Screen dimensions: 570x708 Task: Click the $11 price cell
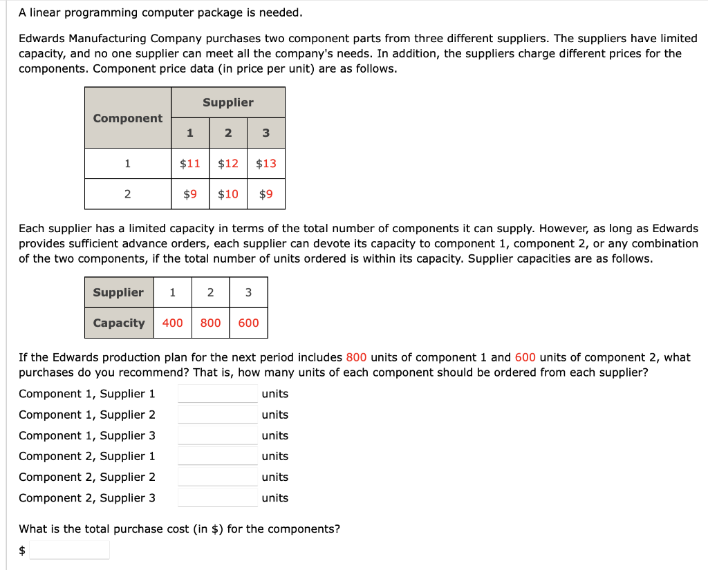coord(190,164)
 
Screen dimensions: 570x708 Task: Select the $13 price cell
coord(266,164)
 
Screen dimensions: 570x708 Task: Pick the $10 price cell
coord(228,194)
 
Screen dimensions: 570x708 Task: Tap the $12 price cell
coord(228,164)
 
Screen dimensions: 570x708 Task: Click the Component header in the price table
coord(128,118)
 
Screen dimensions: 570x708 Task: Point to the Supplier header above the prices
coord(228,102)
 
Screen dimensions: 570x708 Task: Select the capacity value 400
coord(173,323)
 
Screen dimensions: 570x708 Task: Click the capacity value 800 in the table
coord(211,323)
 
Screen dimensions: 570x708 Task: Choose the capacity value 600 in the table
coord(248,323)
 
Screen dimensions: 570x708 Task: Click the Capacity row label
coord(119,323)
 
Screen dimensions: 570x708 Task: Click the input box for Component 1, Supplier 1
coord(218,394)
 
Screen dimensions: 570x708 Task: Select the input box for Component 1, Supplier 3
coord(218,435)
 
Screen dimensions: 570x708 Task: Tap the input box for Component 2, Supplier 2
coord(218,477)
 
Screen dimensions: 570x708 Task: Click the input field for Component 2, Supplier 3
coord(218,497)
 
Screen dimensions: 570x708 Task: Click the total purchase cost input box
coord(69,550)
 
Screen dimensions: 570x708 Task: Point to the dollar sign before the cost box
coord(22,550)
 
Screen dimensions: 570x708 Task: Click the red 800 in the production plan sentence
coord(356,357)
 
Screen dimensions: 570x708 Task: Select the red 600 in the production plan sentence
coord(525,357)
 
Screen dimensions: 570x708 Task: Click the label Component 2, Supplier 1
coord(87,456)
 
